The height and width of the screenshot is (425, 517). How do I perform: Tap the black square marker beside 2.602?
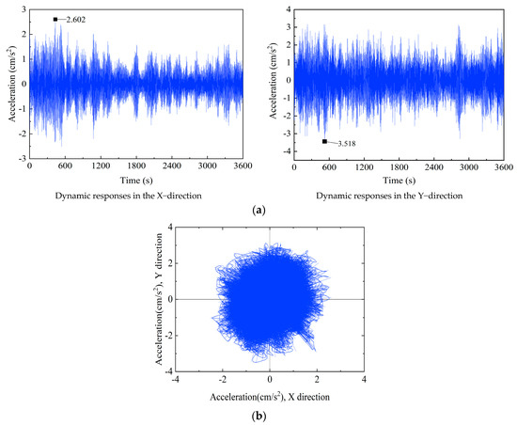click(x=55, y=19)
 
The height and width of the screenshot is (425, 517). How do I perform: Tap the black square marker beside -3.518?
click(x=324, y=141)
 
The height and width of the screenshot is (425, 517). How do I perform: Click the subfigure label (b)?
click(x=258, y=415)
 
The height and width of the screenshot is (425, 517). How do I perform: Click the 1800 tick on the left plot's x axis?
click(x=136, y=165)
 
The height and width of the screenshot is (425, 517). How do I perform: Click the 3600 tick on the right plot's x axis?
click(x=503, y=165)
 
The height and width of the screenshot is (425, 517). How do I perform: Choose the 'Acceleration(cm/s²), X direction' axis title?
click(x=270, y=396)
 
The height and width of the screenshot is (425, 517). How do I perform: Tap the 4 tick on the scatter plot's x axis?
click(x=364, y=381)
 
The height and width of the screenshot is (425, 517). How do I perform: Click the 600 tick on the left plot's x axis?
click(x=66, y=165)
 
